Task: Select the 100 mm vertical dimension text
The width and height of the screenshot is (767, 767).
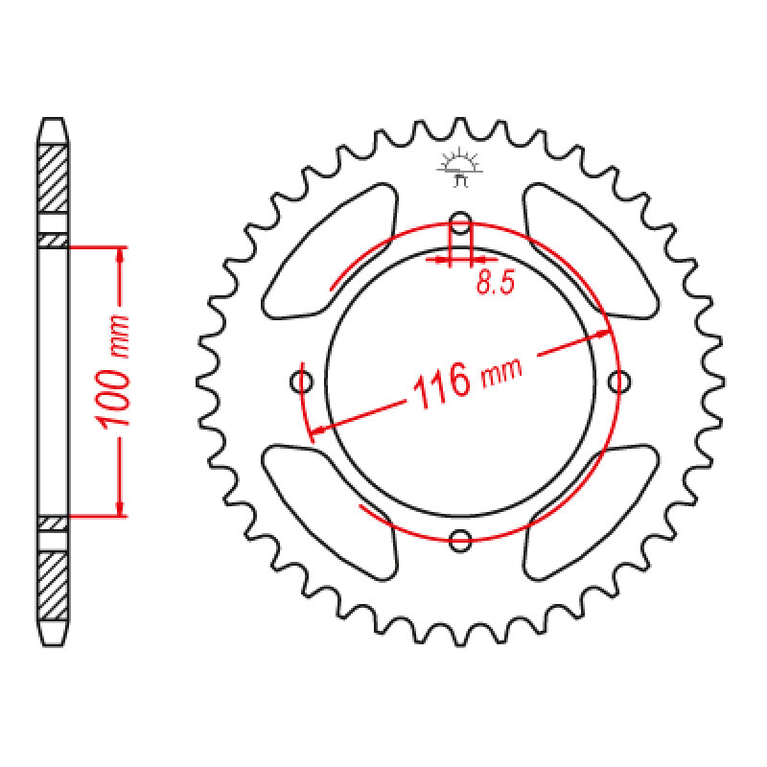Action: point(114,372)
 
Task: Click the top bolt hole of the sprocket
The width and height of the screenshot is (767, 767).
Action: point(460,223)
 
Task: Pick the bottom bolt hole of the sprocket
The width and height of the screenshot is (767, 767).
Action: point(460,540)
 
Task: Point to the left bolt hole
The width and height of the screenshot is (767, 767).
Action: point(302,382)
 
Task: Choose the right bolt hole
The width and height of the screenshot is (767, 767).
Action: point(618,382)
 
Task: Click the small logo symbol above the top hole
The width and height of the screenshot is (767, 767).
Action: point(460,167)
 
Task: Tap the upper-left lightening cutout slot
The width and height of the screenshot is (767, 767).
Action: point(330,251)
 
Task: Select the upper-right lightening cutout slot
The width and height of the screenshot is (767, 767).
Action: point(591,251)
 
